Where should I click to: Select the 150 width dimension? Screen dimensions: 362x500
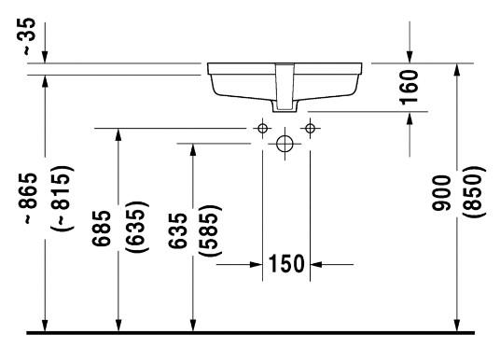coord(286,264)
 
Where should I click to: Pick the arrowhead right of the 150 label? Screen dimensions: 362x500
coord(316,264)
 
